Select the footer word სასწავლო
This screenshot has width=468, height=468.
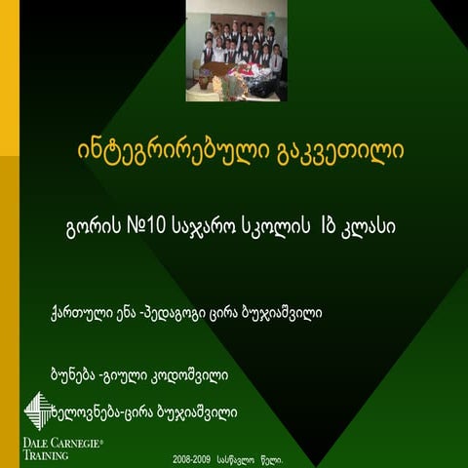coord(240,457)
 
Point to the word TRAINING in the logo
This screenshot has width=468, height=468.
coord(45,454)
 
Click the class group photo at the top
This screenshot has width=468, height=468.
coord(236,52)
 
